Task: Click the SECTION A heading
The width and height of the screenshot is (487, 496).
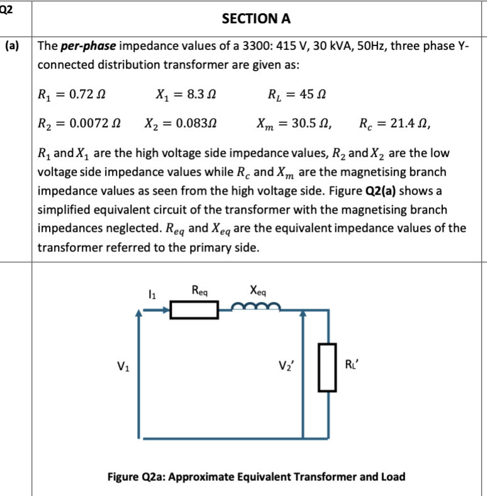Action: pos(256,18)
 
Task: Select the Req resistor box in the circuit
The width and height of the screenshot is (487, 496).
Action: pos(194,310)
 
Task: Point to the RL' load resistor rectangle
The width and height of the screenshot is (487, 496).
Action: pos(327,366)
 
